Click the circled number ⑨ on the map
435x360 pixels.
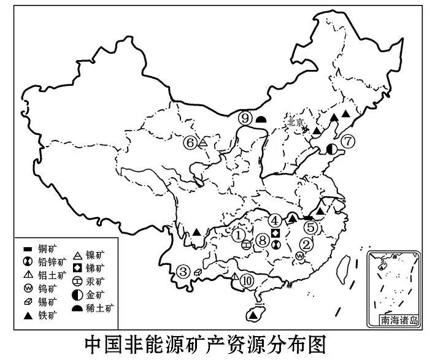245,118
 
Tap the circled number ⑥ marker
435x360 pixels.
190,143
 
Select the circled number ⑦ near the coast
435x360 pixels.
348,142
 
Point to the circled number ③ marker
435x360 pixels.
183,270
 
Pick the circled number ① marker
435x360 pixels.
239,233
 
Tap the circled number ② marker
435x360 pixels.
306,243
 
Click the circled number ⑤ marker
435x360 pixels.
311,228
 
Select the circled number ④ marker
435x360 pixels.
275,220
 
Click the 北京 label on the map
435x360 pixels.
295,122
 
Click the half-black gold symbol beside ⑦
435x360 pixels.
332,148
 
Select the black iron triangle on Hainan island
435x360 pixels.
253,315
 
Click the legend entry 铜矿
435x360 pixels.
42,249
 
